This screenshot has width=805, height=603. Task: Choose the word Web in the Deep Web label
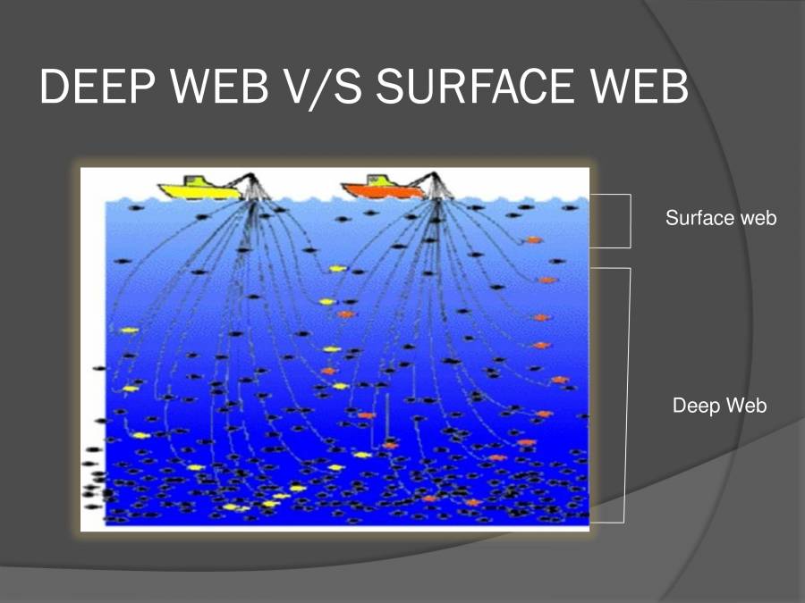[746, 406]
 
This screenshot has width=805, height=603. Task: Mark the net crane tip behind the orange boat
[436, 176]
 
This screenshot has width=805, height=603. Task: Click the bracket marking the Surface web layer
[630, 220]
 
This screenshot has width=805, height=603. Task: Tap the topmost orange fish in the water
[533, 239]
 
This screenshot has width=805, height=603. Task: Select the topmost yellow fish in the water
[336, 268]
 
